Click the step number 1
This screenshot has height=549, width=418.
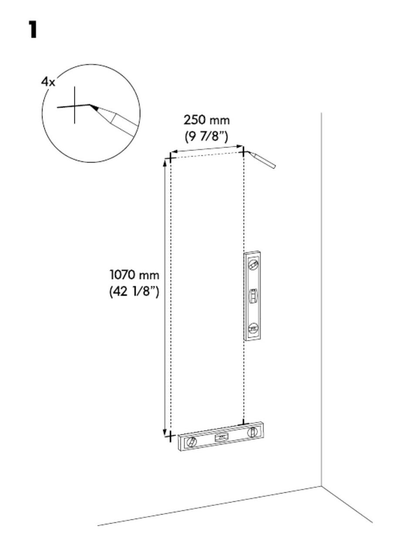(x=33, y=30)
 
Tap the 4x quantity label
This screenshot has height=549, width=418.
(x=48, y=82)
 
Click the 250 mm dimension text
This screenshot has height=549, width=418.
(x=206, y=120)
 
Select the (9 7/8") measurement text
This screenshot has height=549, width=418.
(x=206, y=136)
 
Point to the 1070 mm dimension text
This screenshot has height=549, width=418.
(x=135, y=275)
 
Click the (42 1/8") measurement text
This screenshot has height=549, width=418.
(x=134, y=291)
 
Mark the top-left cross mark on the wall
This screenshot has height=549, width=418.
(x=170, y=158)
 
